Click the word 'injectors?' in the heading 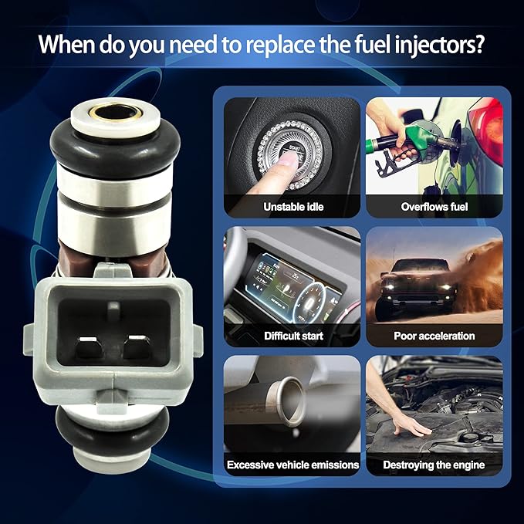439,45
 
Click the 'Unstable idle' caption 293,207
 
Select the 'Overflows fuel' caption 434,207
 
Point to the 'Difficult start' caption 293,336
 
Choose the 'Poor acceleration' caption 434,336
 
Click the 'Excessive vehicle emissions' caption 292,465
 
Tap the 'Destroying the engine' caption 434,465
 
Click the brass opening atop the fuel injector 115,113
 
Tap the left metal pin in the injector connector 89,347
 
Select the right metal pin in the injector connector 137,347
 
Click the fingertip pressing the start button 288,163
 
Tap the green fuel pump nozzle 418,140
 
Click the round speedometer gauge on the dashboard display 309,303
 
